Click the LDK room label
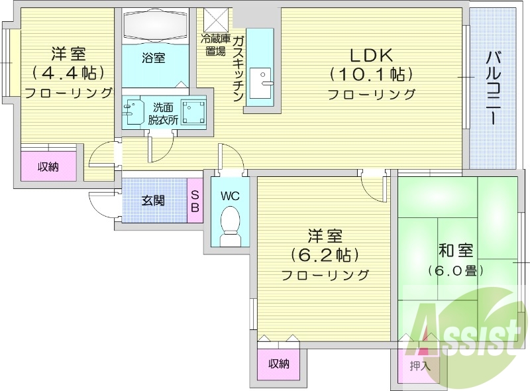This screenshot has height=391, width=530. [x=370, y=56]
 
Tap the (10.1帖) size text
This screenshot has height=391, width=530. [x=371, y=74]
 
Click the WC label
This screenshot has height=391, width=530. [x=230, y=196]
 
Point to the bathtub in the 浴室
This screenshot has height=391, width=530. [x=156, y=27]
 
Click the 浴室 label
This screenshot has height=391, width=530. [x=154, y=58]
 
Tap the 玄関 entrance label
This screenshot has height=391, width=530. [x=153, y=199]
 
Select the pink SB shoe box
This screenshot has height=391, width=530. [x=195, y=199]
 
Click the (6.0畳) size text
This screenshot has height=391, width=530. [x=456, y=270]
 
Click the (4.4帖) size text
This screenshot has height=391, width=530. [x=68, y=73]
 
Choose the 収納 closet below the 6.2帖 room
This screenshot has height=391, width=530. [x=279, y=363]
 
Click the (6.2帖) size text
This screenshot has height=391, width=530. [x=324, y=254]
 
